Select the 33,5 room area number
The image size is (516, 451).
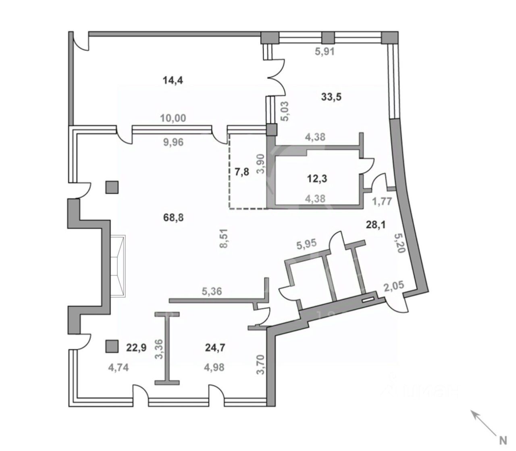(331, 97)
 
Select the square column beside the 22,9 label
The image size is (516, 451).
(112, 346)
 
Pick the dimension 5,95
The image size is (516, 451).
(306, 244)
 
